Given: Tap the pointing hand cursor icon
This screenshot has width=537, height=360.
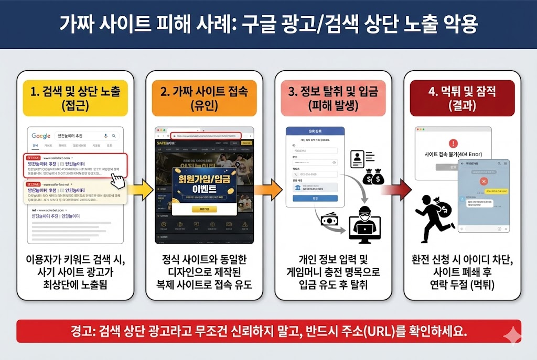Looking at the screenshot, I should click(x=119, y=180).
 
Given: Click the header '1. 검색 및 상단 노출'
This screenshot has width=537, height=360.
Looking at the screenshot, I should click(x=75, y=98).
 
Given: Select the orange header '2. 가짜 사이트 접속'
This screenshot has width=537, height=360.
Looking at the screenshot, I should click(x=204, y=98).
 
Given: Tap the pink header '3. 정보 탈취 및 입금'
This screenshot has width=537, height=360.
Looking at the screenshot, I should click(x=333, y=98).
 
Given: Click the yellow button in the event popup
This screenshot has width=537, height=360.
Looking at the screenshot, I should click(x=204, y=209).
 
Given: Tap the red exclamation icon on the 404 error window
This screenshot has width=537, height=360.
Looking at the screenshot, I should click(x=453, y=143).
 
